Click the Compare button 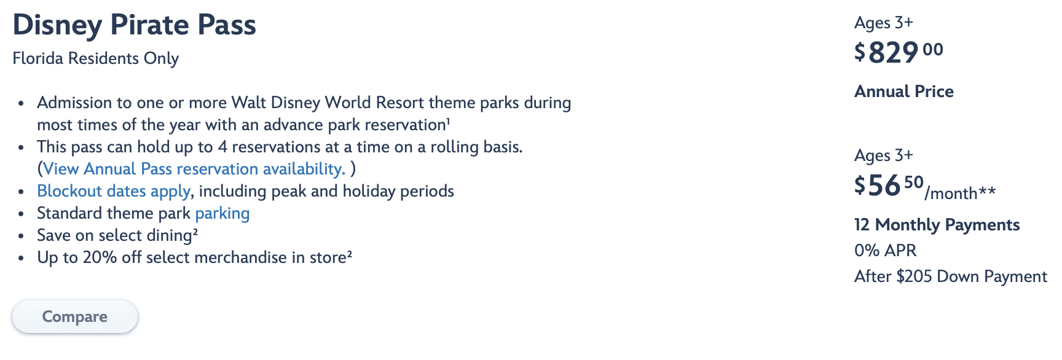(x=74, y=317)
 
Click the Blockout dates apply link (x=114, y=191)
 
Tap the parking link (x=222, y=213)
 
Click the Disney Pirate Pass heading (x=134, y=25)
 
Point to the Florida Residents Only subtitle (x=95, y=58)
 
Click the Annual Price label (x=903, y=92)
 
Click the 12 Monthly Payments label (x=937, y=225)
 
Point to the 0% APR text (x=885, y=251)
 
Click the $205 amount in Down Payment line (x=914, y=276)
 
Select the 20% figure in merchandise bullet (x=100, y=257)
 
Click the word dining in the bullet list (x=169, y=235)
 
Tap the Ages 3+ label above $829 (x=883, y=23)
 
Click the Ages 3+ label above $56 (x=883, y=155)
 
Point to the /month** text (x=960, y=194)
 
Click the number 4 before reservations (x=222, y=147)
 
